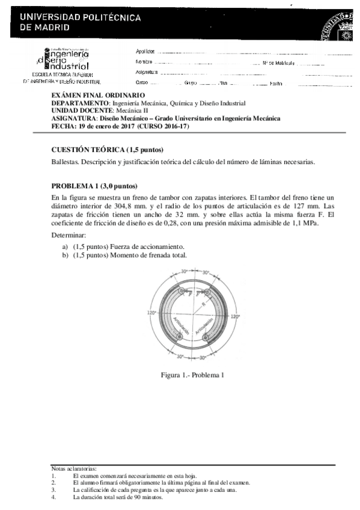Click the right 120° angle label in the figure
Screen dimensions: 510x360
(235, 315)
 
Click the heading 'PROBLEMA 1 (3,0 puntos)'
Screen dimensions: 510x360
(94, 185)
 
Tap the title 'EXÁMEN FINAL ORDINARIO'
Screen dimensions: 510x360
(98, 96)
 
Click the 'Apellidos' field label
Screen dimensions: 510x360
(145, 52)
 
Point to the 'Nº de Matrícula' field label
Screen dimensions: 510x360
(278, 63)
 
